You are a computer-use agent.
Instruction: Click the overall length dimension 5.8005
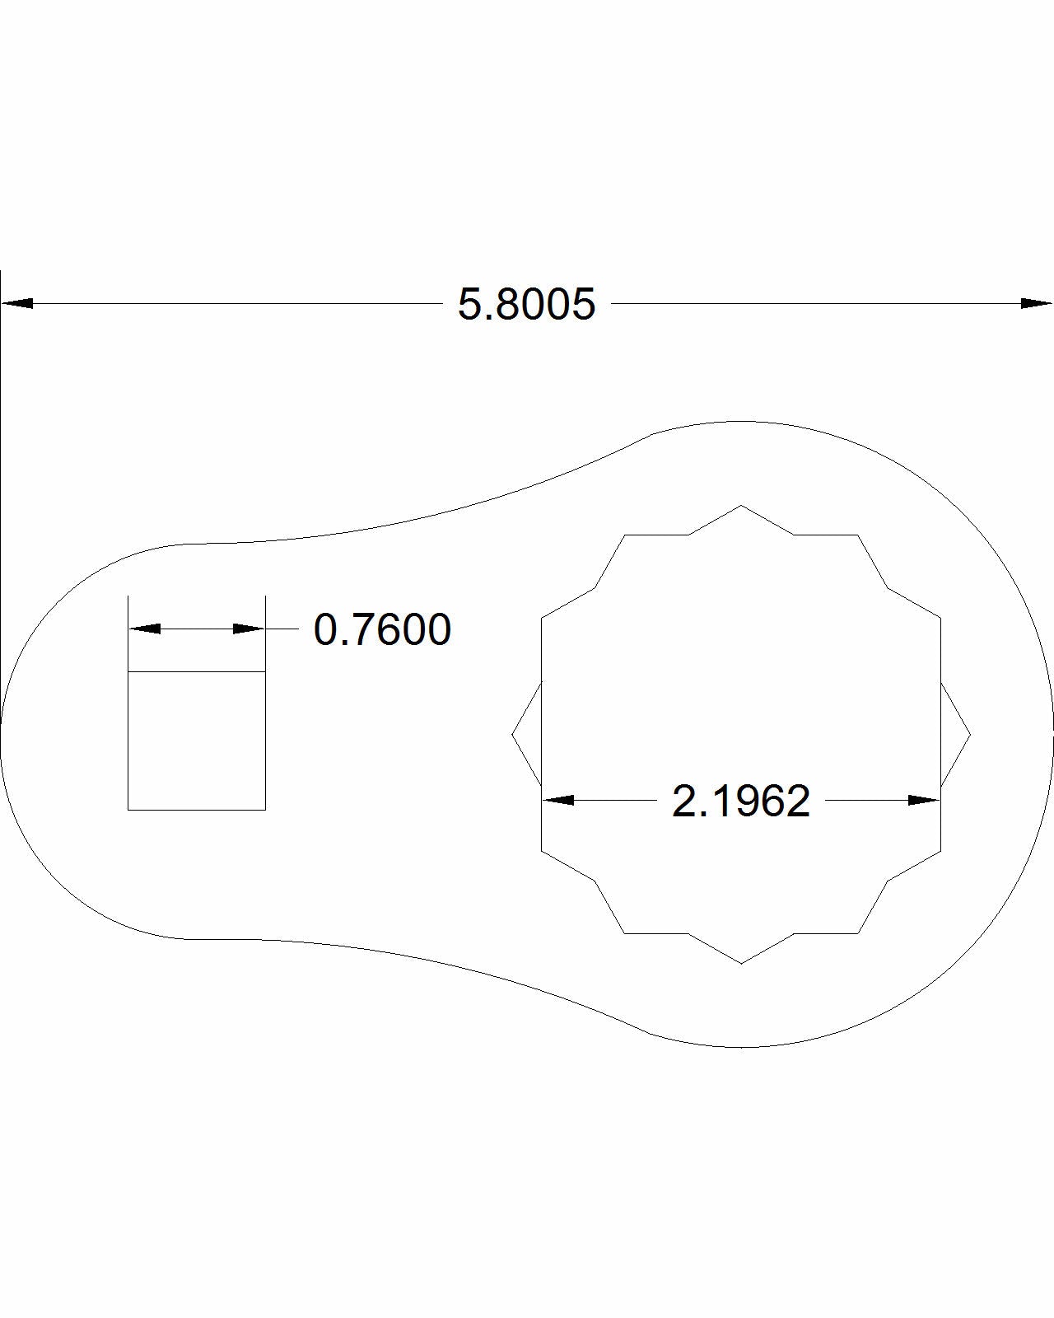[x=526, y=305]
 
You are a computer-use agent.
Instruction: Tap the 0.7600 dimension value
[x=382, y=629]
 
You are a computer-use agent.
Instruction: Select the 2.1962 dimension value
[x=740, y=801]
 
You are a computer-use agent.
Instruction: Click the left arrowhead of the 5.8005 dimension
[x=16, y=304]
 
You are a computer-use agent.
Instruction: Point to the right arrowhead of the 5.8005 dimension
[x=1036, y=304]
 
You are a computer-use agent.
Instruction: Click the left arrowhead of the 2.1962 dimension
[x=558, y=801]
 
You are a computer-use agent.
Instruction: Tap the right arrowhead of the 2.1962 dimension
[x=924, y=801]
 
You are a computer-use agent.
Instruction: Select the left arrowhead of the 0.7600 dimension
[x=145, y=629]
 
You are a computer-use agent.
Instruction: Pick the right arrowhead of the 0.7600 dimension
[x=249, y=629]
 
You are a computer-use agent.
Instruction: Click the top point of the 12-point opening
[x=741, y=505]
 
